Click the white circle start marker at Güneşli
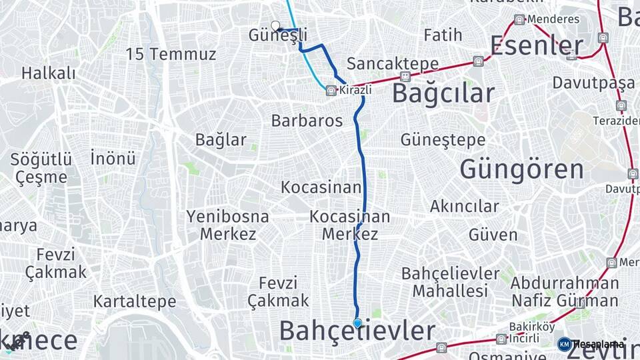275,26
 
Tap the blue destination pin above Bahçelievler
358,323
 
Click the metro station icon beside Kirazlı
331,91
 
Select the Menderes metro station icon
519,19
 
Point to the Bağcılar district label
443,93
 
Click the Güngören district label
521,169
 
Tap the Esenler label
537,46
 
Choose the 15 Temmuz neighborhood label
171,55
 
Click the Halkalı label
49,73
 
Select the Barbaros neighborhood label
307,121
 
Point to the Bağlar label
221,140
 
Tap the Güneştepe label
443,140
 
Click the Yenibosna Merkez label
228,225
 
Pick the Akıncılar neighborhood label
464,207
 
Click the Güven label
493,235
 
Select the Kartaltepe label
135,301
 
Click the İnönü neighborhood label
113,158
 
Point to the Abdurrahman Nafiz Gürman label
555,291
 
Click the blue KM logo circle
564,344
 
